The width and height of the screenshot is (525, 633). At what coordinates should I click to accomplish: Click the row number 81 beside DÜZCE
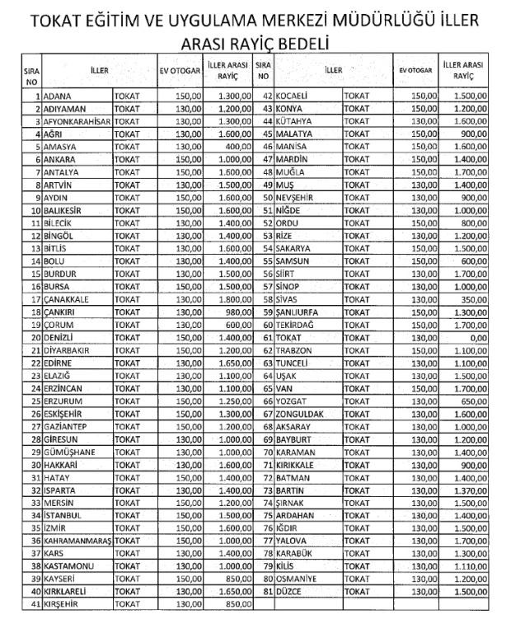click(x=267, y=591)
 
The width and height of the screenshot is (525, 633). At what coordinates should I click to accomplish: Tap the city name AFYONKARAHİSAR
click(x=77, y=122)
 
